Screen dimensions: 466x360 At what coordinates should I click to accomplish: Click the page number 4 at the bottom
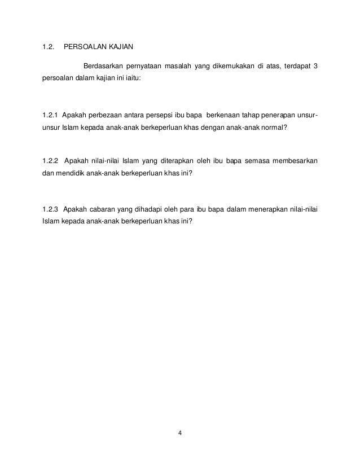pyautogui.click(x=179, y=433)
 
